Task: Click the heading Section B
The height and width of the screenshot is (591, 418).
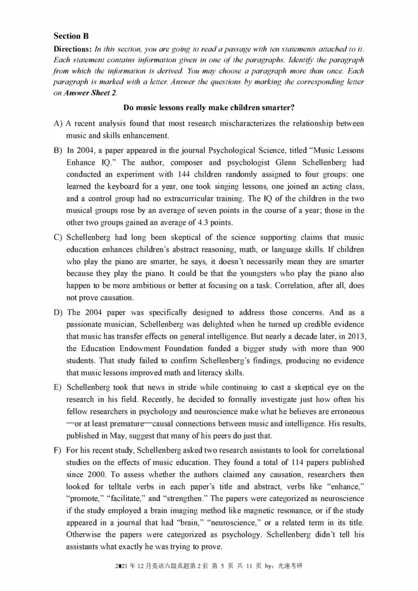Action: pos(71,36)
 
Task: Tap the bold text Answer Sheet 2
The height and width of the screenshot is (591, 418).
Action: pos(89,93)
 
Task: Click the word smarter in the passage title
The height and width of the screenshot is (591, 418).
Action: pos(278,108)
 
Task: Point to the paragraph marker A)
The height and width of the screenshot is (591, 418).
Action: pos(58,124)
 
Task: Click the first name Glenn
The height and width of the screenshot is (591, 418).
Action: pos(281,161)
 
